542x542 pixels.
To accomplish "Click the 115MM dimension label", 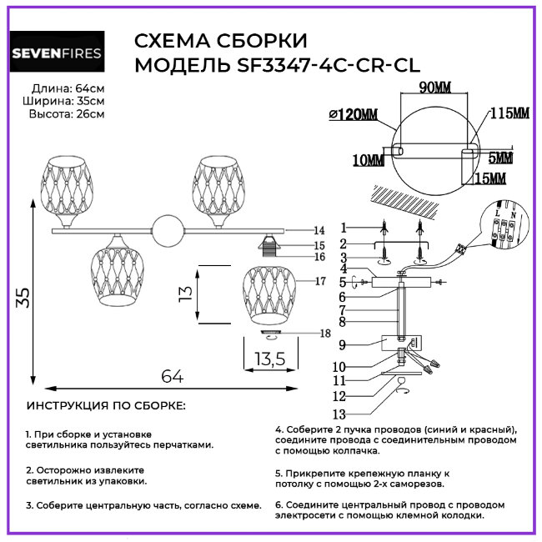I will pyautogui.click(x=509, y=113).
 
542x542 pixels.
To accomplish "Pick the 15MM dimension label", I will pyautogui.click(x=491, y=178).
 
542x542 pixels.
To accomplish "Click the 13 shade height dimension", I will pyautogui.click(x=185, y=292).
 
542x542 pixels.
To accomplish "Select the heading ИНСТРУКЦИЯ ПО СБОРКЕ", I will pyautogui.click(x=107, y=406).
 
